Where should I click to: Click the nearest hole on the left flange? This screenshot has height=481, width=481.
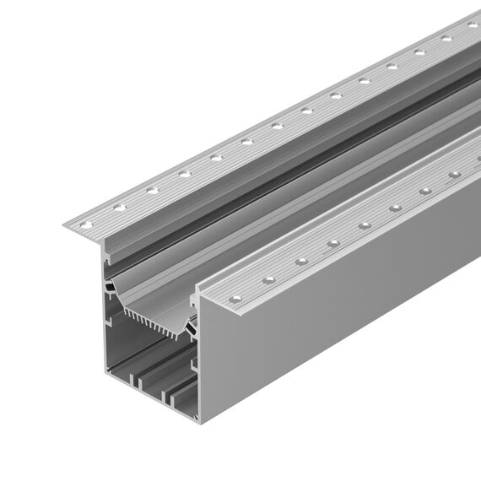(85, 224)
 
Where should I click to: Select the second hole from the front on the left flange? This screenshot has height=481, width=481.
(119, 208)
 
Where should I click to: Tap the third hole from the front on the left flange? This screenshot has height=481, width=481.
(152, 191)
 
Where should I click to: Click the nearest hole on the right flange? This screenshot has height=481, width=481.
(237, 297)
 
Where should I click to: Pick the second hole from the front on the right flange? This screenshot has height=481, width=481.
(269, 279)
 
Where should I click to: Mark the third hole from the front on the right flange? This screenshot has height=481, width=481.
(301, 262)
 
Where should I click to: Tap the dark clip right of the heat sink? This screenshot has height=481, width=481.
(192, 325)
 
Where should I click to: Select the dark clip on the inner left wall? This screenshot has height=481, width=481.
(110, 291)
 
